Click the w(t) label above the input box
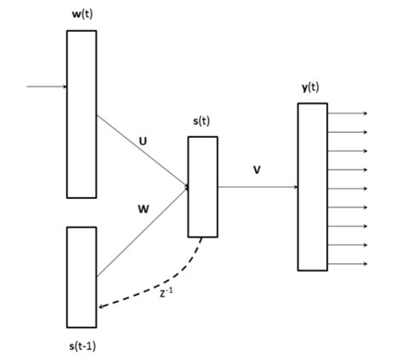click(82, 15)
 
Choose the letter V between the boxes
click(257, 170)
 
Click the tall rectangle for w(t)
click(82, 113)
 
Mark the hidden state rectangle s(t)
click(203, 186)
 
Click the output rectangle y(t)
click(313, 186)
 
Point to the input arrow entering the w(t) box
click(47, 87)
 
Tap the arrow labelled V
click(257, 186)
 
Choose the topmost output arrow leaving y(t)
click(347, 113)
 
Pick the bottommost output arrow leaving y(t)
click(347, 263)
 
